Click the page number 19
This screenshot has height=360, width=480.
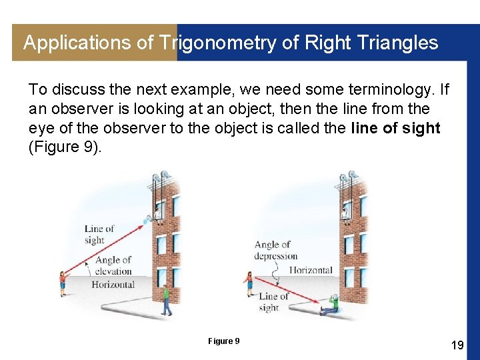click(x=457, y=345)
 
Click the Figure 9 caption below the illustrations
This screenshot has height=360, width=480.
click(x=224, y=341)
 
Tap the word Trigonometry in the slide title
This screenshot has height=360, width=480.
click(x=217, y=43)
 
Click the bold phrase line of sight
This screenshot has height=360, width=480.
click(x=395, y=127)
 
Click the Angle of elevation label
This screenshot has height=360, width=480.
click(x=113, y=265)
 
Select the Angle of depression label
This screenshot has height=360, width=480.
click(x=275, y=251)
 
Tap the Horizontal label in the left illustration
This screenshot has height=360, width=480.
click(x=113, y=285)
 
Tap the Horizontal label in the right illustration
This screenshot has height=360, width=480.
click(x=310, y=271)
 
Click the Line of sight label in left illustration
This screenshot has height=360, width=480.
click(x=99, y=235)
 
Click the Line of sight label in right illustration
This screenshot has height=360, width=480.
click(x=273, y=302)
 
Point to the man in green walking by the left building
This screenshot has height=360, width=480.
click(x=166, y=300)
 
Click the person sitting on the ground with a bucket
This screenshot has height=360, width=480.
click(x=329, y=306)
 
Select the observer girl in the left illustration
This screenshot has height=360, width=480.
click(x=63, y=283)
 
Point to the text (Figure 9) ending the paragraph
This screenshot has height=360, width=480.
click(x=65, y=147)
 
